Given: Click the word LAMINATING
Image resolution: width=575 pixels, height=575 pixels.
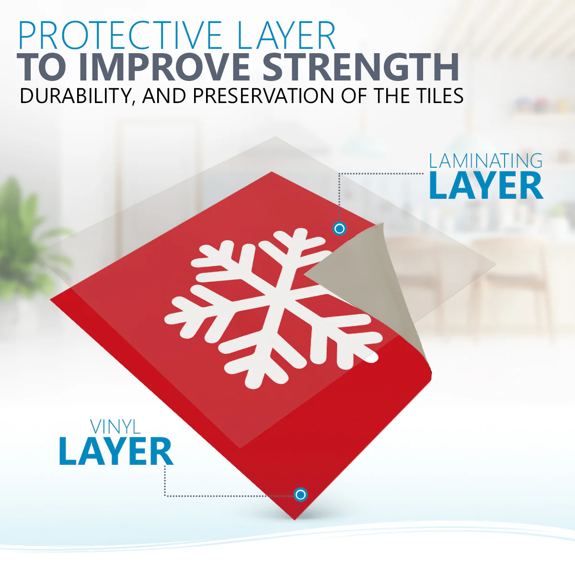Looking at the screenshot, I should [x=485, y=161].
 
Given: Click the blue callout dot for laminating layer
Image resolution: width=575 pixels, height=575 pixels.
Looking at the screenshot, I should [x=339, y=229].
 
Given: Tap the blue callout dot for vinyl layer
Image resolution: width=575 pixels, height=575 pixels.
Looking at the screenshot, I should [x=300, y=494].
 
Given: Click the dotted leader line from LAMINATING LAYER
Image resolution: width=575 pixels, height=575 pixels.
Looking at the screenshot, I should [x=381, y=174].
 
